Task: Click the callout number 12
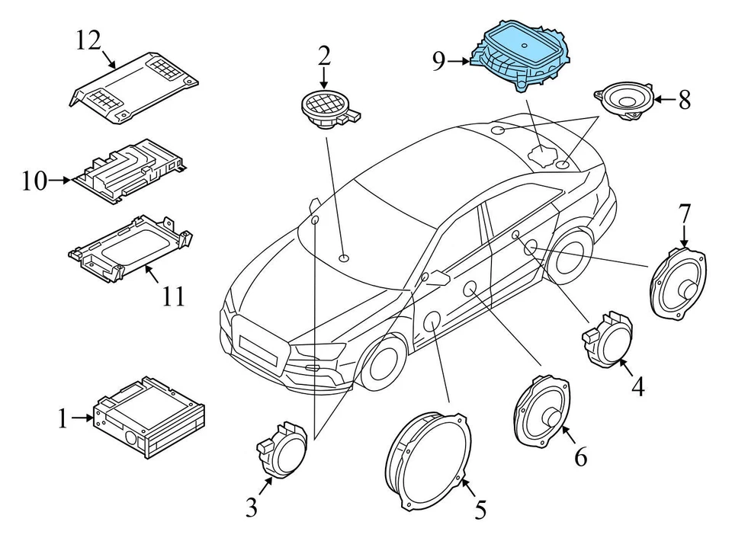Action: pyautogui.click(x=88, y=40)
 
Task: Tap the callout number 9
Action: pyautogui.click(x=438, y=62)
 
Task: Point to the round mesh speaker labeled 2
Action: pyautogui.click(x=325, y=109)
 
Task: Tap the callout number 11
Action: pyautogui.click(x=173, y=295)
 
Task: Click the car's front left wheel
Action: pyautogui.click(x=381, y=366)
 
